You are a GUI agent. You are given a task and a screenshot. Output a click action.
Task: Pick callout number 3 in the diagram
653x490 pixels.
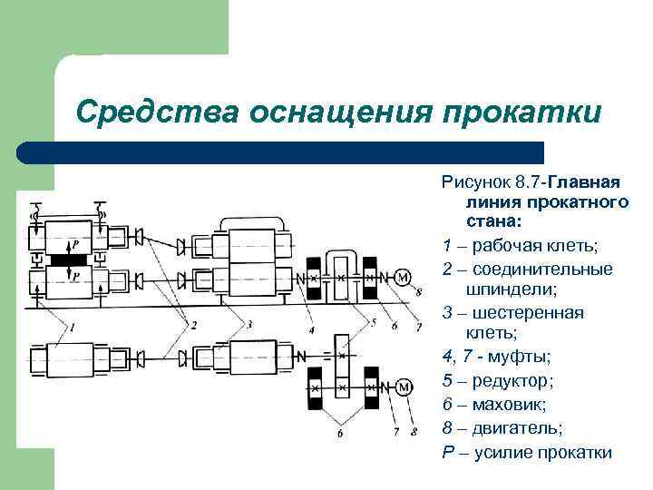pos(247,324)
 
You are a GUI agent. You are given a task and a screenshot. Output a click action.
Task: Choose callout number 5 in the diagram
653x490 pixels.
pos(370,323)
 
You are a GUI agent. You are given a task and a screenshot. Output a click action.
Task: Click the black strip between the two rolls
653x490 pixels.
pos(68,259)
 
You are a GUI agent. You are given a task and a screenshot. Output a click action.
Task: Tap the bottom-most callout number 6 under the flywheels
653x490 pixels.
pos(339,434)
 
